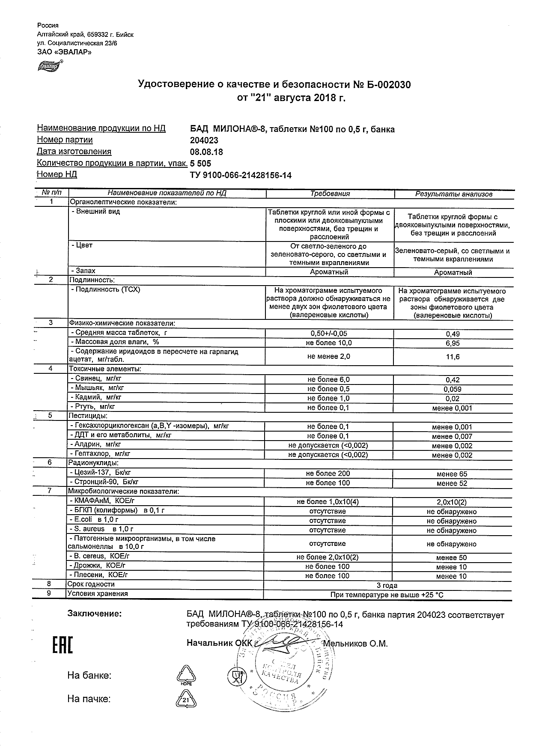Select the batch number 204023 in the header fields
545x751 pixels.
pyautogui.click(x=204, y=140)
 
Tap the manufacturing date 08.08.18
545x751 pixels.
pyautogui.click(x=206, y=152)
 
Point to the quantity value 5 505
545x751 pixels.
pyautogui.click(x=200, y=163)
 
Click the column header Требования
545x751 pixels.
pyautogui.click(x=330, y=194)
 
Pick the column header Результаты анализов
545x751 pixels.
pyautogui.click(x=454, y=194)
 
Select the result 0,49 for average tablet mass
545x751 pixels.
pyautogui.click(x=453, y=334)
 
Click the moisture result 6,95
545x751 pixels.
pyautogui.click(x=453, y=343)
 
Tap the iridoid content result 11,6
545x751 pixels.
pyautogui.click(x=453, y=357)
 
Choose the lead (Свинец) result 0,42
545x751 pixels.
pyautogui.click(x=453, y=380)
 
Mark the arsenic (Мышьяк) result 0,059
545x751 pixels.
pyautogui.click(x=453, y=389)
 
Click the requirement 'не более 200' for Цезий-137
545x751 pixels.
pyautogui.click(x=328, y=474)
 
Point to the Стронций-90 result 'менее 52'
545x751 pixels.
pyautogui.click(x=452, y=483)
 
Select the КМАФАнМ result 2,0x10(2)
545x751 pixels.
pyautogui.click(x=452, y=502)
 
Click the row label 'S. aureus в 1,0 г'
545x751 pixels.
pyautogui.click(x=101, y=529)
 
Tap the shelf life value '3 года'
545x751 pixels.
pyautogui.click(x=387, y=585)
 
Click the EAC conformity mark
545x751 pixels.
pyautogui.click(x=63, y=645)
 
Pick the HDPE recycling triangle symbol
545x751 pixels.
pyautogui.click(x=186, y=675)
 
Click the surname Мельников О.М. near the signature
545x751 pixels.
pyautogui.click(x=355, y=644)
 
